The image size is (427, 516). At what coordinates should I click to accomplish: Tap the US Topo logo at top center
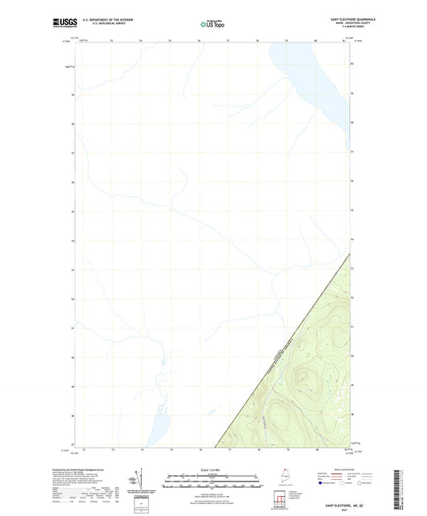[213, 24]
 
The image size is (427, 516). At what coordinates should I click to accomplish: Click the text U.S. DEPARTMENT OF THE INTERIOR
[108, 18]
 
